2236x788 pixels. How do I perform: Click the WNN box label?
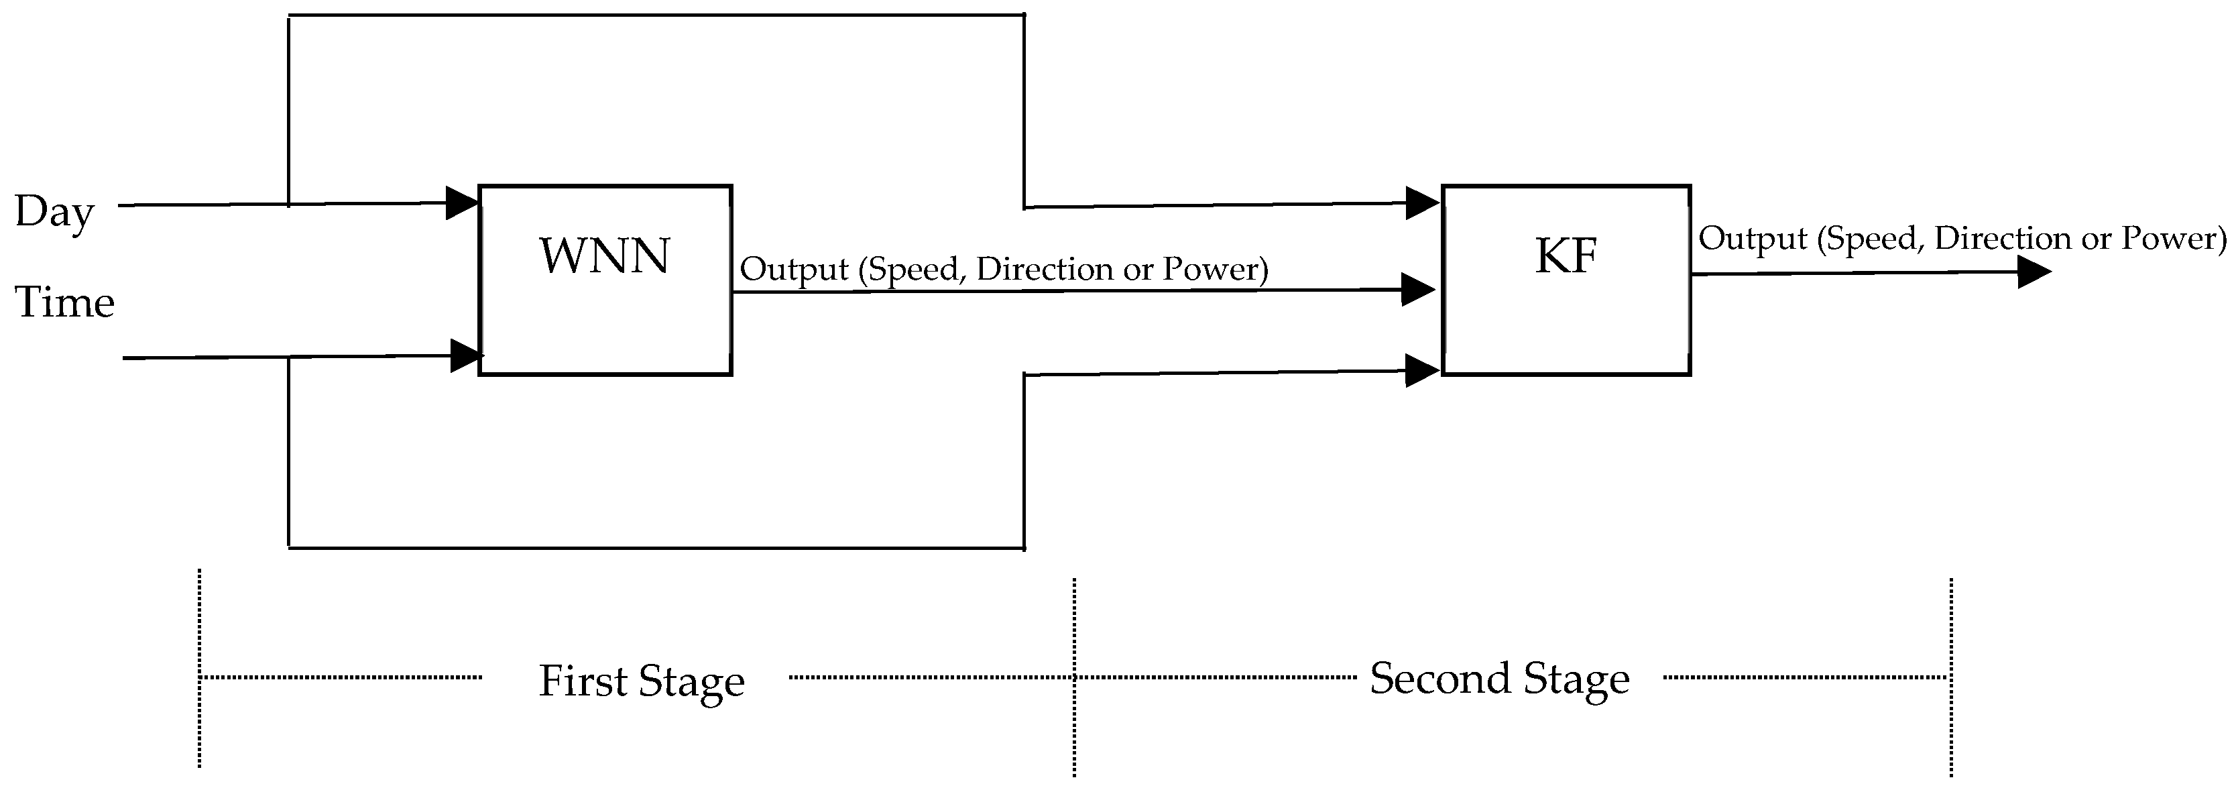click(x=604, y=256)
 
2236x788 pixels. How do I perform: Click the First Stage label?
click(x=642, y=681)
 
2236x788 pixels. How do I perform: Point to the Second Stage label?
click(x=1499, y=678)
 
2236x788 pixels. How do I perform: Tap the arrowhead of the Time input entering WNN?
click(x=466, y=355)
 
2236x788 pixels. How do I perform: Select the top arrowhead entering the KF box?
click(x=1421, y=203)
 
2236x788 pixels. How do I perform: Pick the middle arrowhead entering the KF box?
click(x=1417, y=289)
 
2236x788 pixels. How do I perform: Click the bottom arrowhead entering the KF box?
click(x=1421, y=371)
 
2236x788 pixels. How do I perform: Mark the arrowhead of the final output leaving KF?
click(x=2033, y=272)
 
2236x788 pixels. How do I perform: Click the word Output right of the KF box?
click(x=1752, y=239)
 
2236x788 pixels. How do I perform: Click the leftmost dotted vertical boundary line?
click(x=200, y=668)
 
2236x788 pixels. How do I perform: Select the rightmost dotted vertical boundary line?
click(x=1950, y=677)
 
